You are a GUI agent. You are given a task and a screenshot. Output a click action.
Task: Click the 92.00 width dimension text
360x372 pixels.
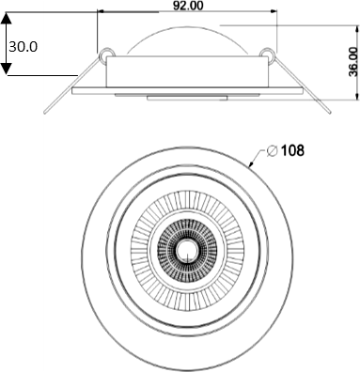(x=188, y=6)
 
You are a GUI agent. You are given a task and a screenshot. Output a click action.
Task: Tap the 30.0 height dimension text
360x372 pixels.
(x=23, y=47)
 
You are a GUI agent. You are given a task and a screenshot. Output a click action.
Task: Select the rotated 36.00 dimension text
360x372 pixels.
(x=353, y=62)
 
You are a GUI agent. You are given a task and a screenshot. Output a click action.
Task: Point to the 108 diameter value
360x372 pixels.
(x=292, y=150)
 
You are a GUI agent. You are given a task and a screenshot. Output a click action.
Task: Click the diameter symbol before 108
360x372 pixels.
(x=273, y=151)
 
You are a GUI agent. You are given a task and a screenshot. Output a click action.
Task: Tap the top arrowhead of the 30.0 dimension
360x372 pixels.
(x=7, y=19)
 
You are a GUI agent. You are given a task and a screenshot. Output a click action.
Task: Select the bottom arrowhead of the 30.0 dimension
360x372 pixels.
(x=7, y=69)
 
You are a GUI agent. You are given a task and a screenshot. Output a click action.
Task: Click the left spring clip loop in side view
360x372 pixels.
(x=106, y=54)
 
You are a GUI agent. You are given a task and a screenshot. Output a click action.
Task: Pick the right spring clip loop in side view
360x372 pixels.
(x=267, y=54)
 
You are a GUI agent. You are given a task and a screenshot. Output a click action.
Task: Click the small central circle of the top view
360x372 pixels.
(x=187, y=250)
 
